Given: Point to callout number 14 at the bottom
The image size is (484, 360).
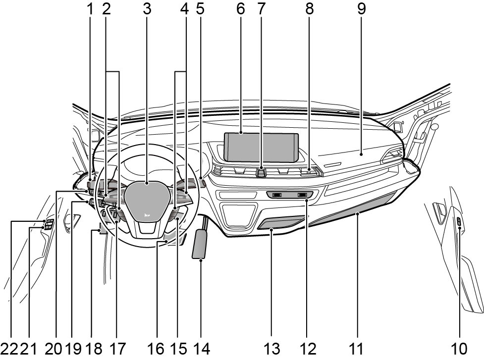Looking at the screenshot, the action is click(201, 349).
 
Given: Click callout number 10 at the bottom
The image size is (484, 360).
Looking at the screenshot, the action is click(459, 349).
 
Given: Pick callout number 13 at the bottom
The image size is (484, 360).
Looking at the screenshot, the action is click(271, 349).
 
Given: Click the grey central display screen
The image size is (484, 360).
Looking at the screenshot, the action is click(261, 148).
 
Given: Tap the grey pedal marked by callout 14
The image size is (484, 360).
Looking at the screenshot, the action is click(201, 243).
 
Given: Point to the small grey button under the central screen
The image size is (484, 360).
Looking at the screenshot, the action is click(262, 172).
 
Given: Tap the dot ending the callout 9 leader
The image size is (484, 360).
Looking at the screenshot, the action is click(362, 154).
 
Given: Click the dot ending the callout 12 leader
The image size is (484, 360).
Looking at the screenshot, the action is click(307, 200).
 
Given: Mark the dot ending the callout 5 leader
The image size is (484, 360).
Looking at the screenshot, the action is click(200, 178).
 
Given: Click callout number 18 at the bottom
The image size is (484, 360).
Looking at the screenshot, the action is click(94, 349).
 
